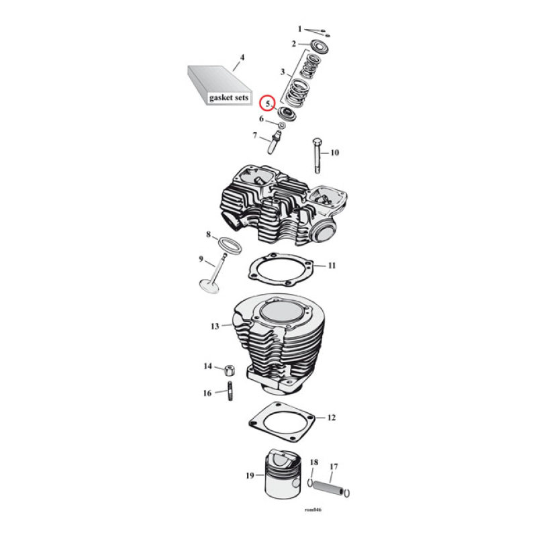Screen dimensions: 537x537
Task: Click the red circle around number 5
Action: [268, 103]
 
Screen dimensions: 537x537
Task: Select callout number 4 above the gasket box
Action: [242, 57]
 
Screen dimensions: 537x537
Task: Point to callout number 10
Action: [334, 153]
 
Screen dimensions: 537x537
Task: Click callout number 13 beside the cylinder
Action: [215, 326]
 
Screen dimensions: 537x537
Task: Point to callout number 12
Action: [331, 418]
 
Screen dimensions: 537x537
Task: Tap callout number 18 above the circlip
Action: [313, 462]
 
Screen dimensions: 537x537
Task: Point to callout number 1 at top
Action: [301, 29]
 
